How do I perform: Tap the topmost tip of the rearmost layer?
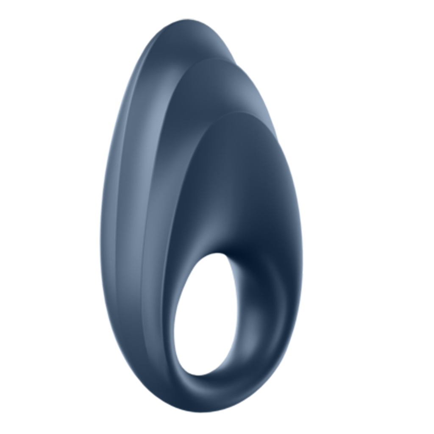(x=186, y=20)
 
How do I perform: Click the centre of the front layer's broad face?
(x=237, y=186)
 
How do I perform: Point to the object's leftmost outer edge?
(x=100, y=237)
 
